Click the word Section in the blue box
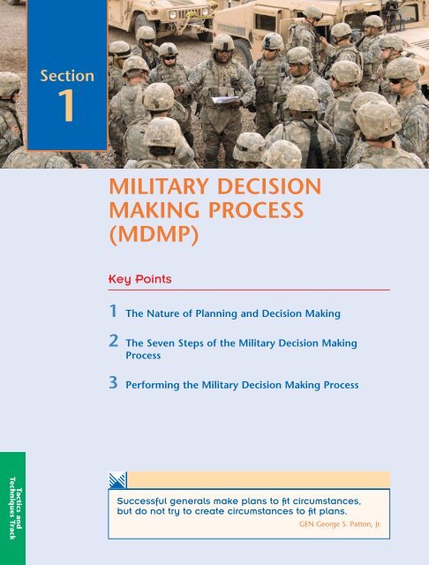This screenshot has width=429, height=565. coord(67,77)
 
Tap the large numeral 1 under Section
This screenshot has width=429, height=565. coord(67,109)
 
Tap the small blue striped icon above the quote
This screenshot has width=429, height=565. coord(117,480)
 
